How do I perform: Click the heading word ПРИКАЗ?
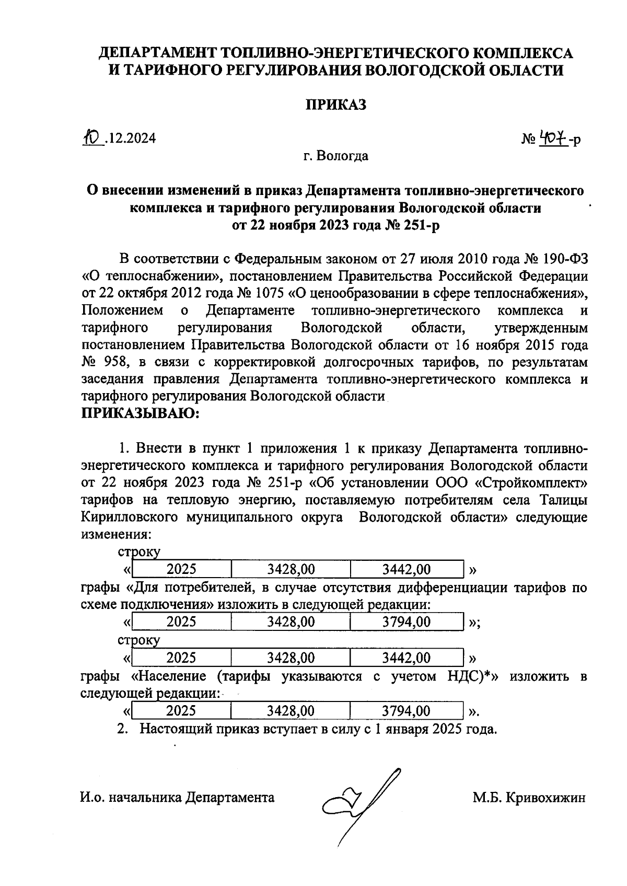pos(335,105)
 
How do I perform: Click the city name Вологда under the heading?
pos(343,156)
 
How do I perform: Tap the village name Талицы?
pos(562,500)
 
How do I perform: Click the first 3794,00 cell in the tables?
pos(407,622)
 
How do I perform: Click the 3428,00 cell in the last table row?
pos(291,711)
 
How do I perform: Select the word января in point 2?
pos(405,729)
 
